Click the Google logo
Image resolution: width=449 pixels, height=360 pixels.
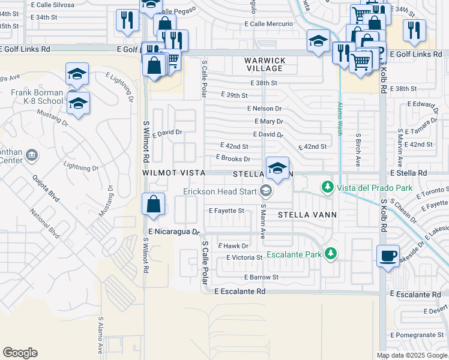click(x=20, y=353)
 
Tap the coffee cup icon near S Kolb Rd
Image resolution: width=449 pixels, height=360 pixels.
click(x=387, y=256)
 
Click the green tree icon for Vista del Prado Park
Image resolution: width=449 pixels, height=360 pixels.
click(x=327, y=188)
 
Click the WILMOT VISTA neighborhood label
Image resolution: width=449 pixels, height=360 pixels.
click(x=173, y=173)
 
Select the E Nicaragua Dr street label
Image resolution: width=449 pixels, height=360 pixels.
click(x=173, y=232)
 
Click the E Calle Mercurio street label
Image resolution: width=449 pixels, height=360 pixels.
click(x=268, y=24)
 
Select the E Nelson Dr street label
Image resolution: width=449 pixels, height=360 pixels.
click(x=264, y=109)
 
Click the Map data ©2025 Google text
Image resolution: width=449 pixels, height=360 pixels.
click(x=411, y=355)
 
